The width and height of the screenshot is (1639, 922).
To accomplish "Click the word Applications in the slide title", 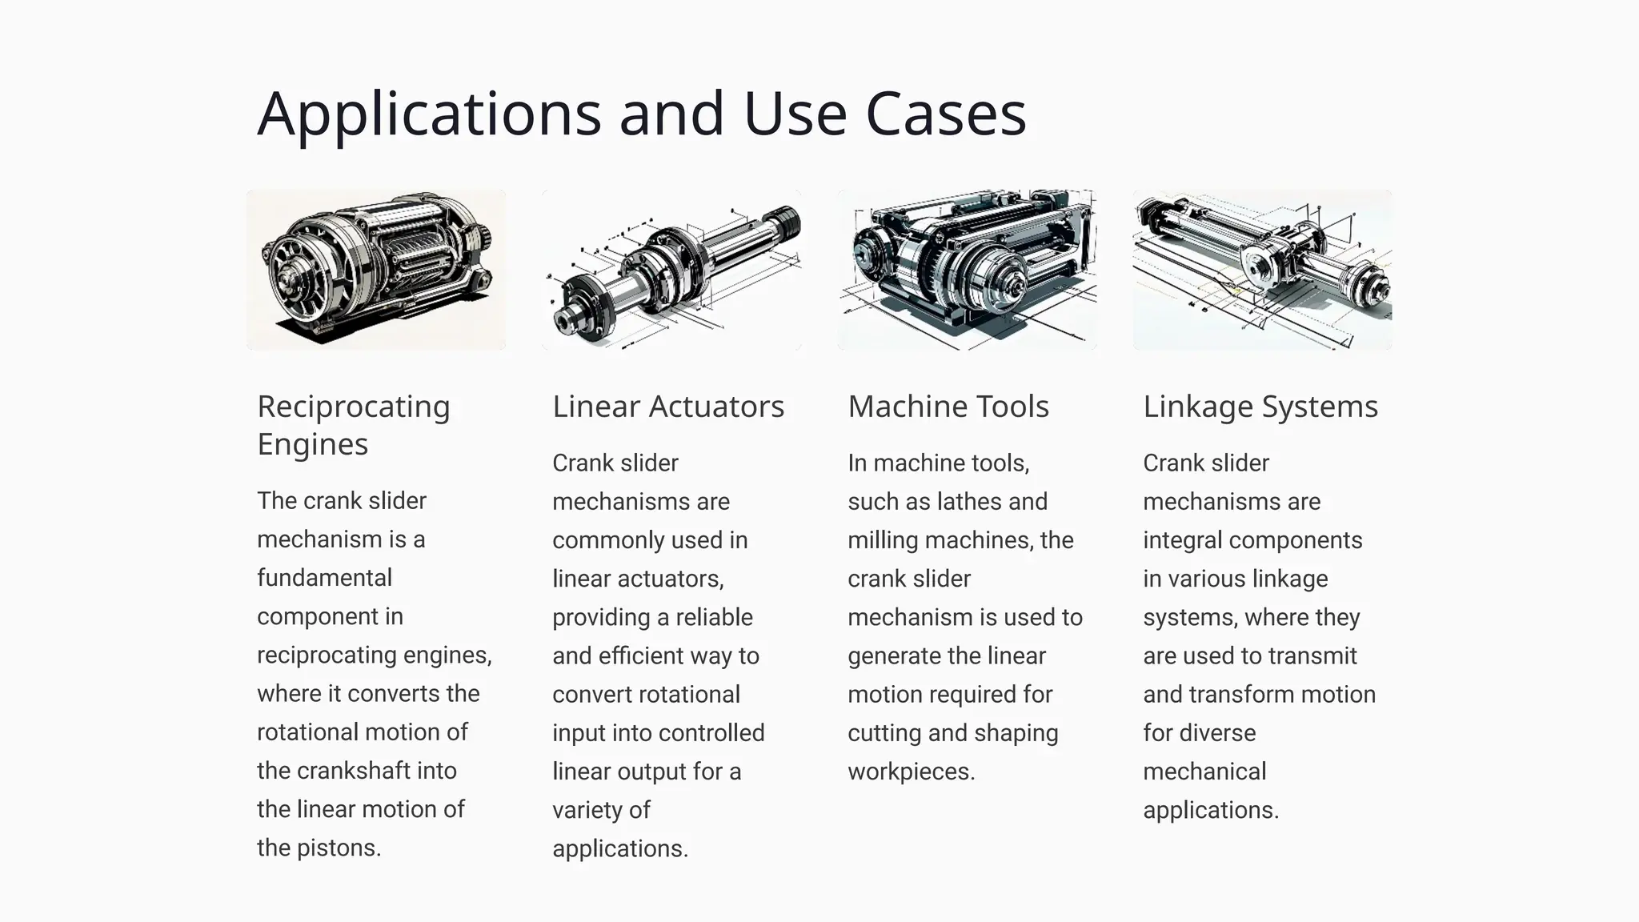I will pos(429,114).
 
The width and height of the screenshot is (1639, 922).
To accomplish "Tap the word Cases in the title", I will pos(946,114).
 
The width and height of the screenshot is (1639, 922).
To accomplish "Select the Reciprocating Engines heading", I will pos(353,425).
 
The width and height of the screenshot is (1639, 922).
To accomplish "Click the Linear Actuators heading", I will pos(668,407).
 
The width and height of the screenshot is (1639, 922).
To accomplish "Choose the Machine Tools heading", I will pos(948,407).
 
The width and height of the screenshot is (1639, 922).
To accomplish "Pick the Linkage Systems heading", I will pos(1260,407).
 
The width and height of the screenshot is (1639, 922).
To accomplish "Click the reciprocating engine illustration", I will pos(376,270).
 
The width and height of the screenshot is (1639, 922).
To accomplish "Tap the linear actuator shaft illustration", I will pos(671,270).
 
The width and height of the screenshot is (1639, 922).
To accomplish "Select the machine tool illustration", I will pos(967,270).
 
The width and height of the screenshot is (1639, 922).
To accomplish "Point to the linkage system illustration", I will pos(1262,270).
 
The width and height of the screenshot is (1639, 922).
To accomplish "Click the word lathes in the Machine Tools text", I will pos(965,502).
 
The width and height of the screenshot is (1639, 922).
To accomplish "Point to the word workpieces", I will pos(910,772).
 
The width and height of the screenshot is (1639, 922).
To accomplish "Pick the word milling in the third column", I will pos(883,540).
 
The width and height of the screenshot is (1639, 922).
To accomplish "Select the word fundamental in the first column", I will pos(324,578).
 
